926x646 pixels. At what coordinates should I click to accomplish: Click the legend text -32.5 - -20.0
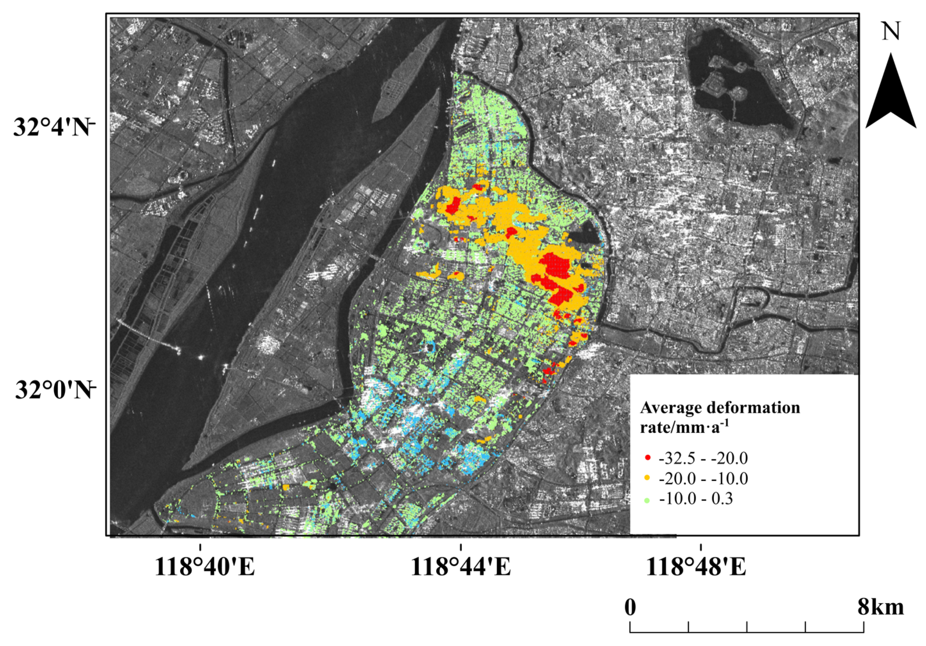703,458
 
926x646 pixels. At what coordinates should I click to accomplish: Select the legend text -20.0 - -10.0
703,479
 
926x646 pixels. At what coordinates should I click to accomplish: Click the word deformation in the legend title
755,408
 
